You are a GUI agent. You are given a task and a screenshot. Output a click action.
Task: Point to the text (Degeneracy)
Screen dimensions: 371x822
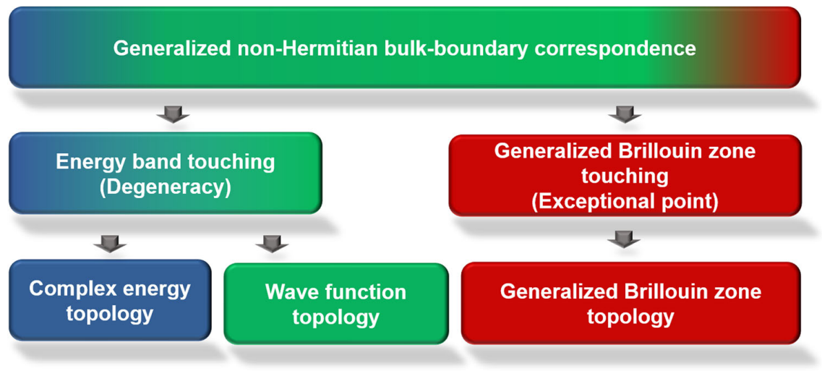[165, 187]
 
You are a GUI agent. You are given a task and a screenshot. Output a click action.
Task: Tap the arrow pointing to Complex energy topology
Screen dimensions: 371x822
[109, 244]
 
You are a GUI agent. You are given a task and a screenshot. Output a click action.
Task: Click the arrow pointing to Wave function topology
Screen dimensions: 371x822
[272, 244]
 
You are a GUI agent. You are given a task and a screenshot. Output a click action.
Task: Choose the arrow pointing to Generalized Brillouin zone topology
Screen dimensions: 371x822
[624, 239]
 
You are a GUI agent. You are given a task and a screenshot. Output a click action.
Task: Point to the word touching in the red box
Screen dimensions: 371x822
[625, 176]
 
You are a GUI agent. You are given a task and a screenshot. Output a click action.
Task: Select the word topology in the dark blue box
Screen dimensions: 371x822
[109, 314]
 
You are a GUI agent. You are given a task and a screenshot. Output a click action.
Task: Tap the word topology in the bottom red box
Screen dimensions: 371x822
[630, 317]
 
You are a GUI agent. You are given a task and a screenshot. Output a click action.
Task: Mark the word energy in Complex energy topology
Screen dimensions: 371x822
[156, 289]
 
